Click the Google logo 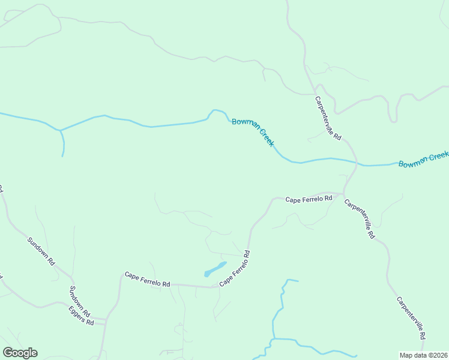click(x=20, y=353)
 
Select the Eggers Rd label click(x=81, y=316)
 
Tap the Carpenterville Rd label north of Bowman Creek click(x=328, y=118)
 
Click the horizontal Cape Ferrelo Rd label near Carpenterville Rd click(x=309, y=199)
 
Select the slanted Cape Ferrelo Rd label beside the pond click(x=234, y=268)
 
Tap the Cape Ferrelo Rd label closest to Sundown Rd click(x=147, y=280)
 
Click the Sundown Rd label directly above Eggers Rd click(x=79, y=301)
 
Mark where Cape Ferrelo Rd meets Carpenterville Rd click(x=343, y=194)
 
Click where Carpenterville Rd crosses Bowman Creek click(x=357, y=163)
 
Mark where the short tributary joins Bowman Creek click(x=60, y=130)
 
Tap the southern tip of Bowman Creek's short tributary click(x=62, y=156)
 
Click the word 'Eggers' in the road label click(x=76, y=313)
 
